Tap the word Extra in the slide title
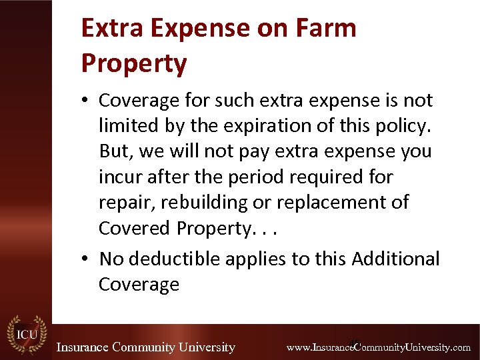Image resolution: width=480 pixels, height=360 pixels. click(107, 28)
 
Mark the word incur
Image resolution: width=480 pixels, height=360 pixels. click(117, 177)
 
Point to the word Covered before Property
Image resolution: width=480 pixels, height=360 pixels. click(135, 228)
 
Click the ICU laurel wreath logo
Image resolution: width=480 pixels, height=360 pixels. click(27, 335)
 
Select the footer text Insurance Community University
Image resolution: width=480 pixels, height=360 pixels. click(145, 347)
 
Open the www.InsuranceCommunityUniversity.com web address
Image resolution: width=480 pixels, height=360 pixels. click(378, 347)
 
